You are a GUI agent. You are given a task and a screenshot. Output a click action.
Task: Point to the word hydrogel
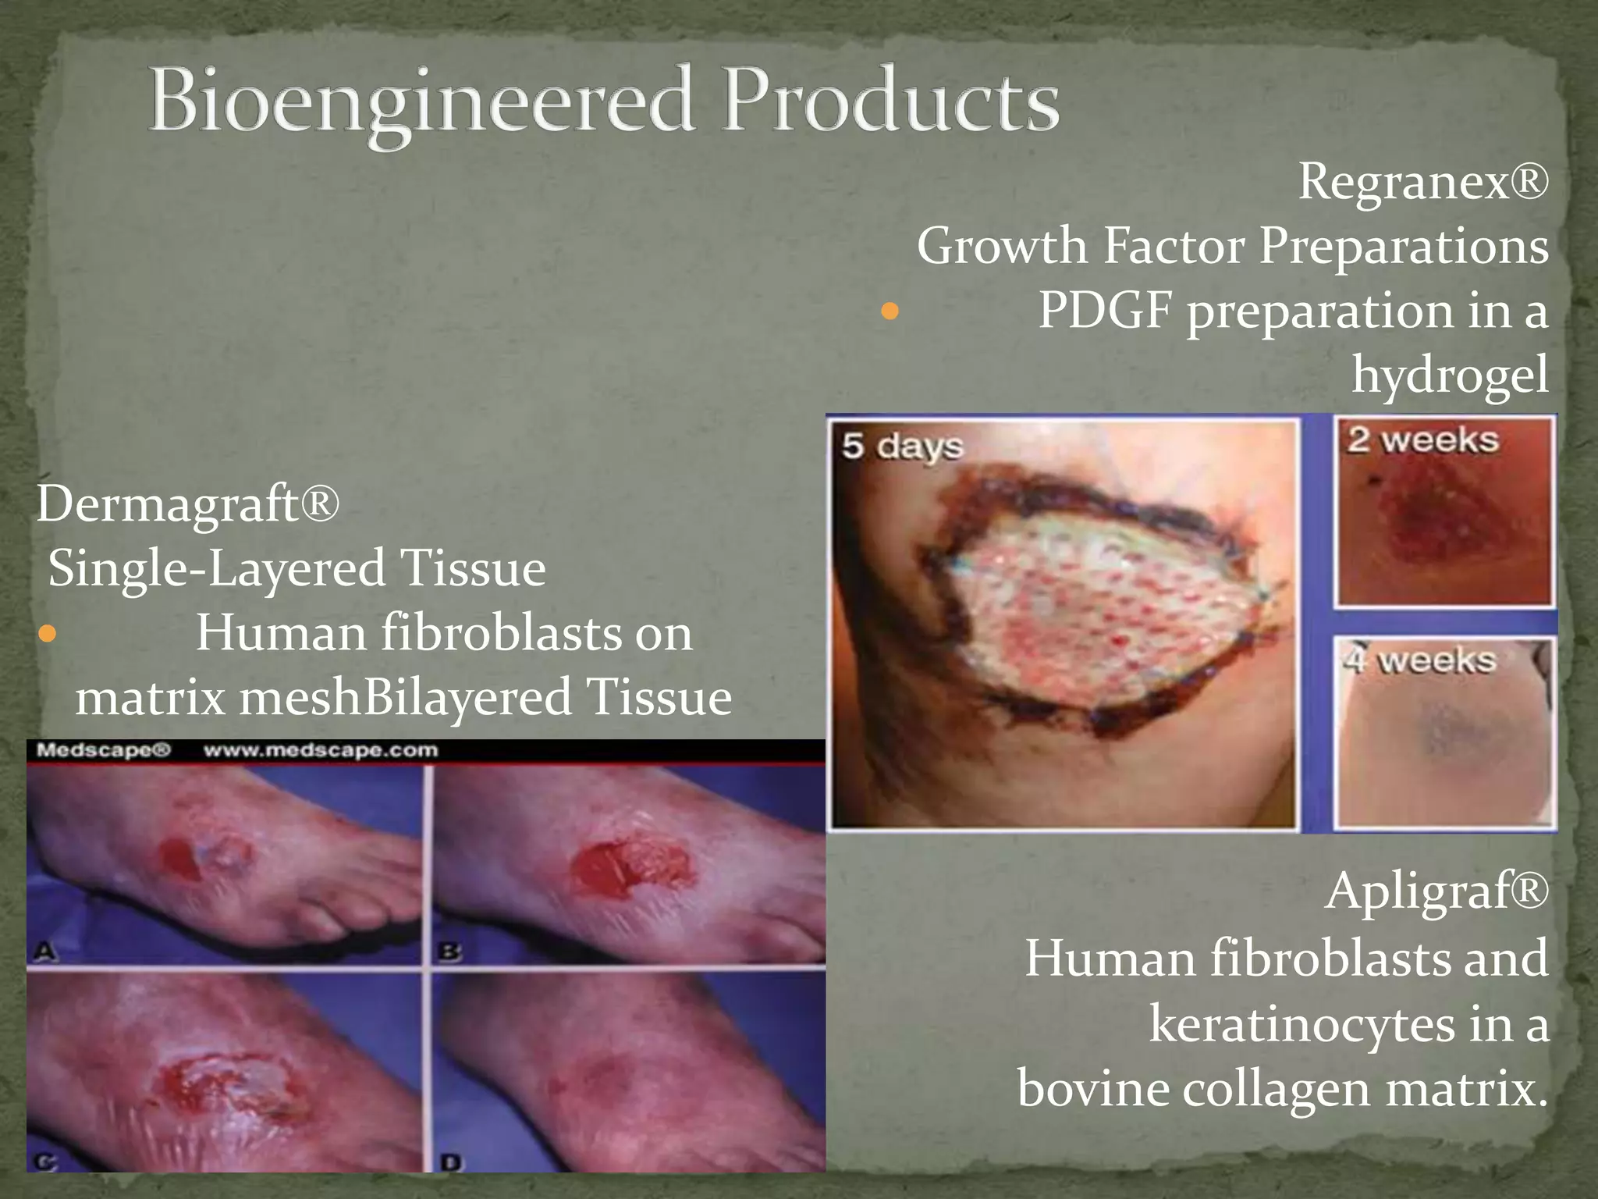click(x=1450, y=375)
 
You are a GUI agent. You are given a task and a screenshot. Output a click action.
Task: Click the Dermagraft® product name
click(x=188, y=503)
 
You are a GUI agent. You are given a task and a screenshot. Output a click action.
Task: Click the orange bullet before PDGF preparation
click(x=890, y=312)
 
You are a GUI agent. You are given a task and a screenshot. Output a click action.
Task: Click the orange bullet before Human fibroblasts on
click(x=48, y=633)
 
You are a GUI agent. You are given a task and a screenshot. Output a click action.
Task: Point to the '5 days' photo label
click(x=902, y=447)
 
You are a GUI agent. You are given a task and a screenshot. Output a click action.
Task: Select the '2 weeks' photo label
click(x=1422, y=440)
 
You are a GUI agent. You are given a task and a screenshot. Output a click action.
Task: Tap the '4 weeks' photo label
click(x=1419, y=661)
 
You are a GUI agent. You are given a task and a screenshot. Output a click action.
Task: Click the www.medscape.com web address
click(x=321, y=751)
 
